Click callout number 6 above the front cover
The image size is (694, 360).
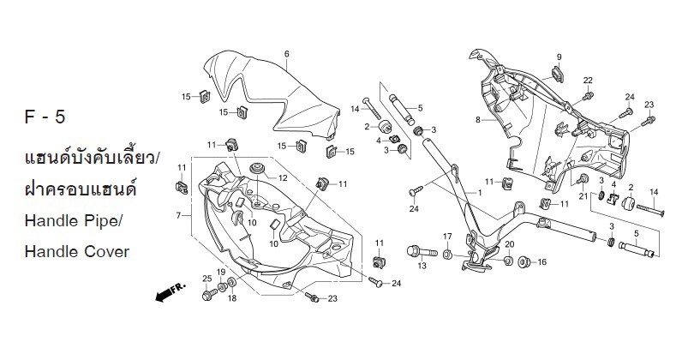pyautogui.click(x=286, y=54)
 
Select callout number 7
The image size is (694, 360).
pyautogui.click(x=178, y=215)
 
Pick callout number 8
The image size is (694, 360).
pyautogui.click(x=478, y=120)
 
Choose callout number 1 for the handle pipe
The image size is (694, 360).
pyautogui.click(x=479, y=194)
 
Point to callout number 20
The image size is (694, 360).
pyautogui.click(x=508, y=245)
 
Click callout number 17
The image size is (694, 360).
pyautogui.click(x=447, y=237)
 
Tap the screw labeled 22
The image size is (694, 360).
pyautogui.click(x=588, y=94)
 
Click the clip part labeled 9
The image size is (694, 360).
pyautogui.click(x=558, y=72)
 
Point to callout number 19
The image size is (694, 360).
pyautogui.click(x=220, y=273)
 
